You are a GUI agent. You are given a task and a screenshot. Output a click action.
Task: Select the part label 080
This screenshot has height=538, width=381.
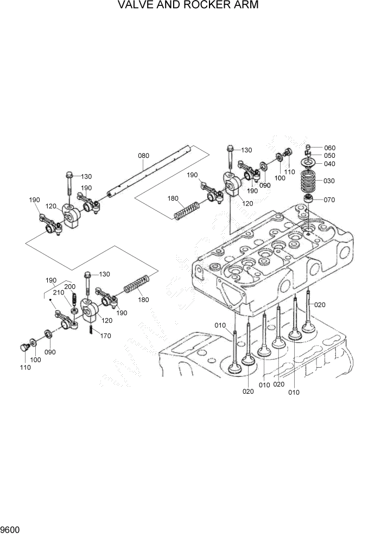point(143,156)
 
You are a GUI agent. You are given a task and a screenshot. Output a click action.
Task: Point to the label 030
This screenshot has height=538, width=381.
point(329,181)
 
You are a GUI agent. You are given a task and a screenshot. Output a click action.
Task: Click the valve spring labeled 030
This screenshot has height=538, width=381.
point(310,181)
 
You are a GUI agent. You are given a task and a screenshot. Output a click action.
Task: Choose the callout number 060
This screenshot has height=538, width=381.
point(329,148)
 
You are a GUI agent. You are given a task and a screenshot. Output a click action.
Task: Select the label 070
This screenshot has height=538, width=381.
point(329,200)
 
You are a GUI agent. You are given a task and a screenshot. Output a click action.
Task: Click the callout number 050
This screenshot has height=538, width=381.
point(329,156)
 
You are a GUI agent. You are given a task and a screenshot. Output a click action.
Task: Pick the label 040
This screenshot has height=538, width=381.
point(329,164)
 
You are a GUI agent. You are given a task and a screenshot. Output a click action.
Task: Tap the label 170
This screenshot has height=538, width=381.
point(105,336)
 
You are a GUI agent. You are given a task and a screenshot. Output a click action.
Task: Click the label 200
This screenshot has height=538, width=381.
point(69,286)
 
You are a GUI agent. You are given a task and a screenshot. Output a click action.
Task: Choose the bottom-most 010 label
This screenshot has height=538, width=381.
point(294,392)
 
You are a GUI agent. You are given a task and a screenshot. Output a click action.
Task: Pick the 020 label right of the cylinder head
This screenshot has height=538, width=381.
point(320,305)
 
